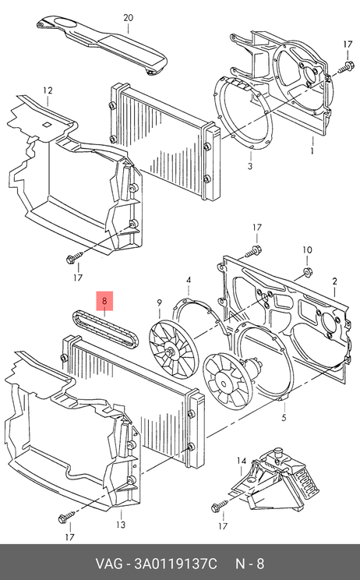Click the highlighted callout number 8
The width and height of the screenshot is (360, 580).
coord(104,301)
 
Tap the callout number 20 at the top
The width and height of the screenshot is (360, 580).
coord(128,18)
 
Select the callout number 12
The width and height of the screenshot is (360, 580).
coord(48,90)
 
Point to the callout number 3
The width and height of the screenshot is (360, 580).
coord(250,166)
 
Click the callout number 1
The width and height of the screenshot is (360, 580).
coord(312,151)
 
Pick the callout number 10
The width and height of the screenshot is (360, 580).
coord(308,250)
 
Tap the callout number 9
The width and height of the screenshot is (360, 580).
coord(159,303)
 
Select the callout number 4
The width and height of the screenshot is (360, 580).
coord(189,280)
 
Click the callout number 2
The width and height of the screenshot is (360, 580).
coord(334,281)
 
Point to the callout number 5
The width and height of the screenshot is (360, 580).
coord(284,418)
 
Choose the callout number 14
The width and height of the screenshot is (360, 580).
coord(242,461)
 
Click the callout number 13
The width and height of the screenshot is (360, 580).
coord(121,525)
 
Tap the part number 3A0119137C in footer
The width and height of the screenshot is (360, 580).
coord(175,564)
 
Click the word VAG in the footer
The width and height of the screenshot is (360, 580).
coord(109,564)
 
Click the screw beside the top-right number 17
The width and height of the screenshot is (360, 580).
coord(345,68)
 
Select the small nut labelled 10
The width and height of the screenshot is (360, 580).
coord(306,272)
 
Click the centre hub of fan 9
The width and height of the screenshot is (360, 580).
coord(170,352)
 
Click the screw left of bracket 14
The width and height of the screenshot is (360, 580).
coord(220,506)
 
